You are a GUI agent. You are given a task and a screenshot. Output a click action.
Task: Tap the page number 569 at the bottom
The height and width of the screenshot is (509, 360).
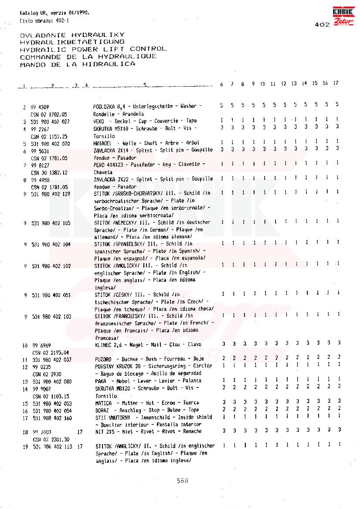pyautogui.click(x=182, y=481)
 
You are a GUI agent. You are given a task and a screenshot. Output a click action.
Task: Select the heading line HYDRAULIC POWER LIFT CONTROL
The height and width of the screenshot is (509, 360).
pyautogui.click(x=93, y=49)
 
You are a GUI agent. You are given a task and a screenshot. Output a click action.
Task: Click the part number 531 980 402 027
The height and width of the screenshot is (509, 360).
pyautogui.click(x=51, y=121)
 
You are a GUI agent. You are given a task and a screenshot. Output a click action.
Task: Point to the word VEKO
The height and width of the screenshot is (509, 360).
pyautogui.click(x=98, y=121)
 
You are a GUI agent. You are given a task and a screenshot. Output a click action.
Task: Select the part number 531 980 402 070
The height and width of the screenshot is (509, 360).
pyautogui.click(x=51, y=143)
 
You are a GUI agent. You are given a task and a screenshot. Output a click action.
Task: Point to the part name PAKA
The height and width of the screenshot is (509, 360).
pyautogui.click(x=101, y=381)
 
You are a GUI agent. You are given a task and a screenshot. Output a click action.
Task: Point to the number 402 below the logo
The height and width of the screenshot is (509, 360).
pyautogui.click(x=323, y=25)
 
